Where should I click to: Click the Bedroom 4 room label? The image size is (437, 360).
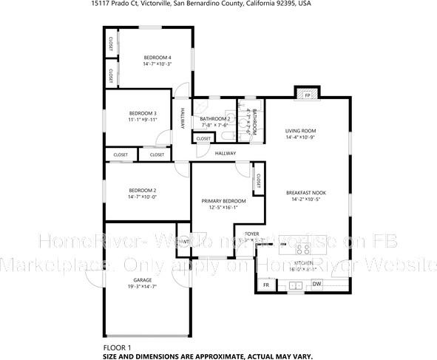(x=157, y=58)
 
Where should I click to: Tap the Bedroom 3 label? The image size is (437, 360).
(x=142, y=112)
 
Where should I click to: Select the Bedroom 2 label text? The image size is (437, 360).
(x=142, y=190)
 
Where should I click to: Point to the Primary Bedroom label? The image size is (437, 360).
(x=224, y=200)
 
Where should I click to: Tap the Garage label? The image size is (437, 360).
(x=142, y=280)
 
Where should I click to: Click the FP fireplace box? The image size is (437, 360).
(x=307, y=95)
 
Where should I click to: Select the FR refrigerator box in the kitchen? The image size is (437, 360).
(x=265, y=285)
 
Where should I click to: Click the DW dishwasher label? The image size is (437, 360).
(x=316, y=284)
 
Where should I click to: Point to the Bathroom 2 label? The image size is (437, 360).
(x=214, y=118)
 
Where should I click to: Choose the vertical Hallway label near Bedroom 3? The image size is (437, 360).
(x=183, y=119)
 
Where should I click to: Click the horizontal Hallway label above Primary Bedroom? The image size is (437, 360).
(x=226, y=154)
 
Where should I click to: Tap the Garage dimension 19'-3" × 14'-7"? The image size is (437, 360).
(x=142, y=287)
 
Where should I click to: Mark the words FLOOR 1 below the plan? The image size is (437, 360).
(x=117, y=347)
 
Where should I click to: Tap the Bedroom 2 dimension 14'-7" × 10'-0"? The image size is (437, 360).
(x=142, y=197)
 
